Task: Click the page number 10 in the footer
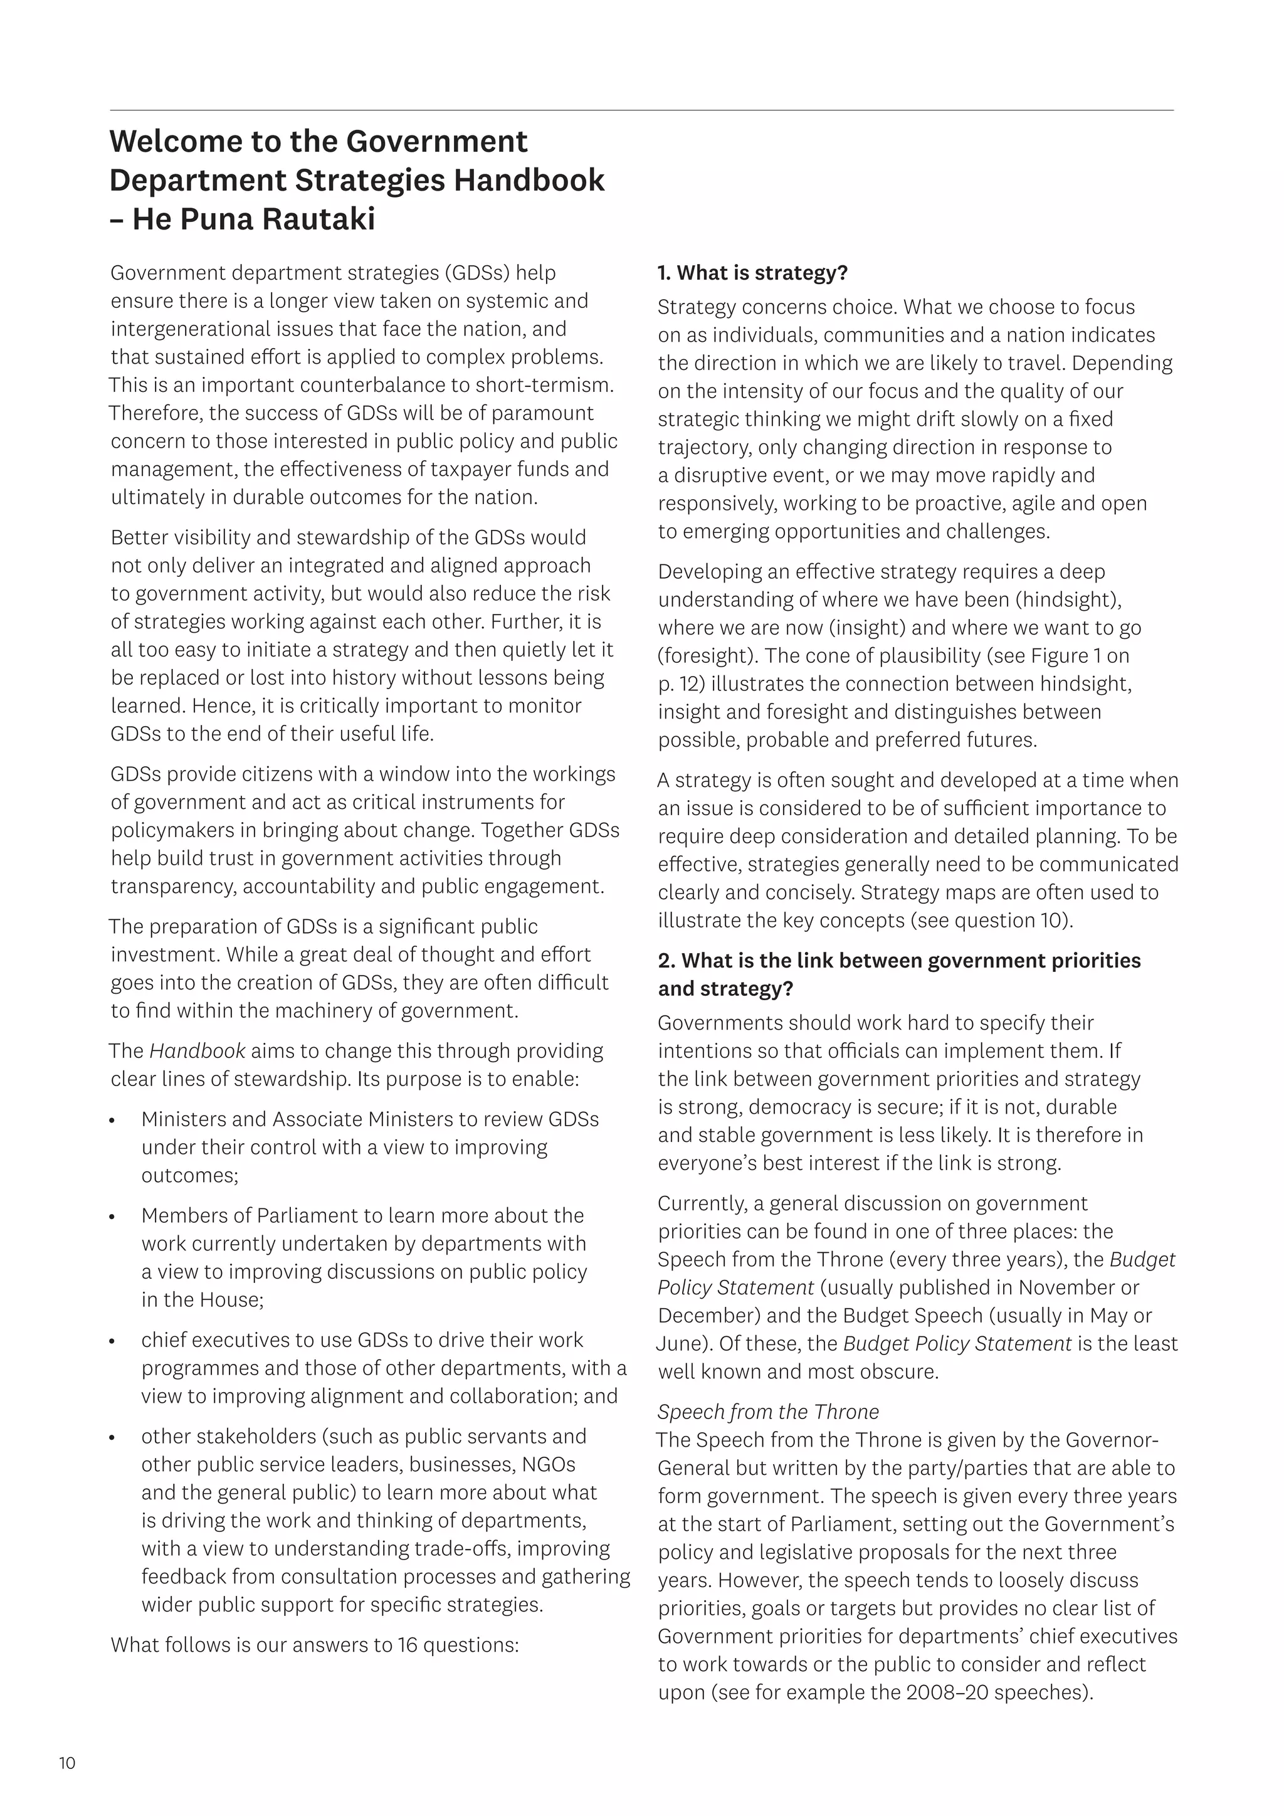(x=67, y=1763)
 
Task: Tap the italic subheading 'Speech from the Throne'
(x=768, y=1412)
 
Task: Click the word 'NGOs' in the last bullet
(x=549, y=1464)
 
